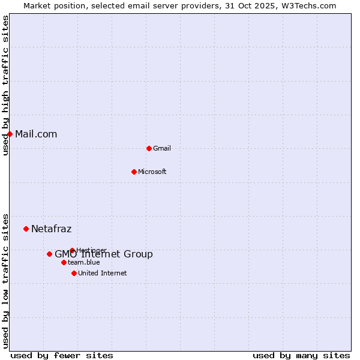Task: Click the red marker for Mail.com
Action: point(10,134)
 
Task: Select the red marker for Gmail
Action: point(149,148)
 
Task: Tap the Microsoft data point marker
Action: point(134,172)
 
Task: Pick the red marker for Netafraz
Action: point(26,229)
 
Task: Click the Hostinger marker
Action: point(72,250)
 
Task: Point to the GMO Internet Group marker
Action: point(49,254)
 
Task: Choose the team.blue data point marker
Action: point(64,262)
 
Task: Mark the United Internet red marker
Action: point(74,273)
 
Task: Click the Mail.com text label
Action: point(36,134)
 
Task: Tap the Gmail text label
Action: point(162,148)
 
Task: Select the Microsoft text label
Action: point(152,172)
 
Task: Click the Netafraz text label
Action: point(51,229)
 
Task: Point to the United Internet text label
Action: point(103,273)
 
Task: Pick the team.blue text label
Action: point(84,262)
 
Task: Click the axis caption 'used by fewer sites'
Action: point(62,355)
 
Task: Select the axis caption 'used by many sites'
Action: point(301,355)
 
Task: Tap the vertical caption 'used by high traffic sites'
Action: point(5,85)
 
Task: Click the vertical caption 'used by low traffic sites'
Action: point(5,280)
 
